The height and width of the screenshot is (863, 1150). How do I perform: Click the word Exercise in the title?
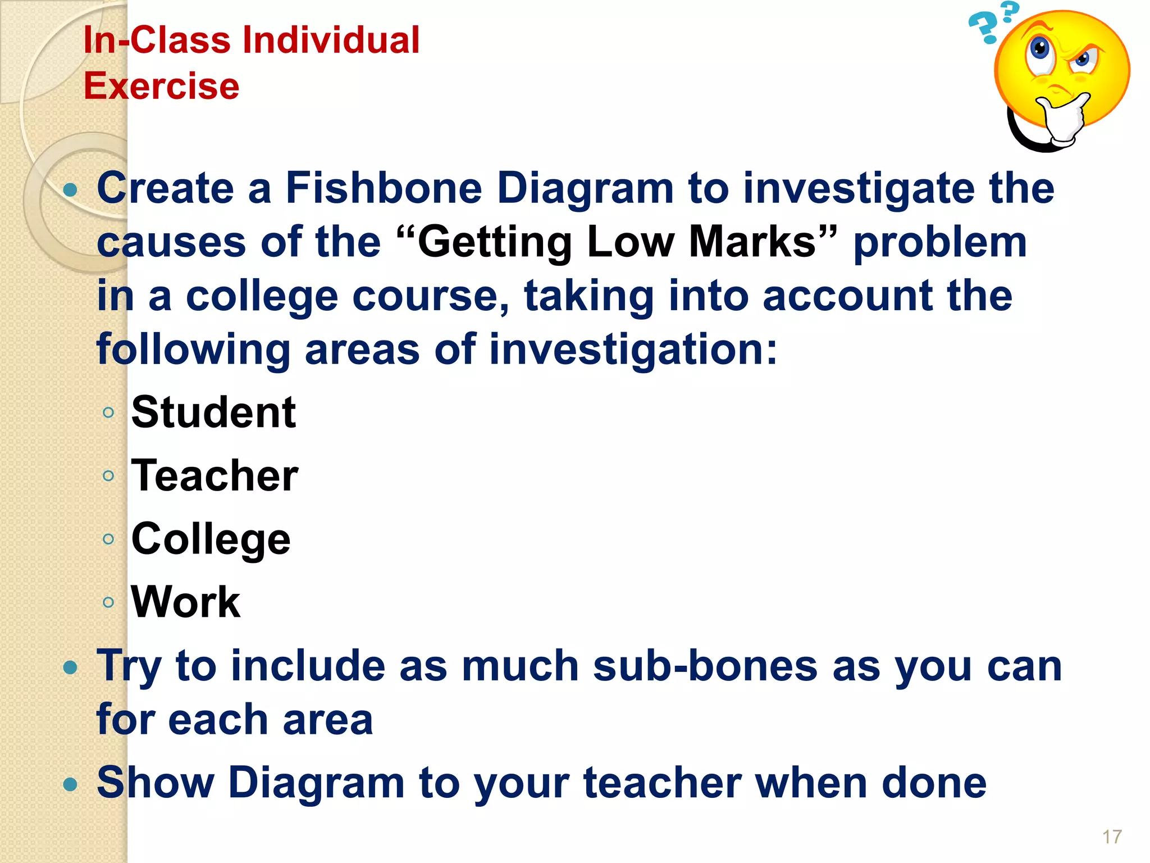(162, 86)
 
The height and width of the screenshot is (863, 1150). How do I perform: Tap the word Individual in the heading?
(331, 40)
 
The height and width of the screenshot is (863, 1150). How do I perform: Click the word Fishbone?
(384, 188)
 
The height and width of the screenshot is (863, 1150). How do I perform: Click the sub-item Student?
(213, 412)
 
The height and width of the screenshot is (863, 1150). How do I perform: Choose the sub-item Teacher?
(215, 476)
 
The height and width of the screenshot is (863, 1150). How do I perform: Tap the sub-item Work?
(185, 602)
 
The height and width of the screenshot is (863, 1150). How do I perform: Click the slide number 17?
(1112, 837)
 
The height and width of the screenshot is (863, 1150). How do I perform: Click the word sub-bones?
(705, 666)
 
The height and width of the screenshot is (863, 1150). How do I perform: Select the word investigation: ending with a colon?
(633, 350)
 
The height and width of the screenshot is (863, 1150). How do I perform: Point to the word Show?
(156, 782)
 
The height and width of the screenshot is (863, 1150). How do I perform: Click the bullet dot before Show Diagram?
(70, 783)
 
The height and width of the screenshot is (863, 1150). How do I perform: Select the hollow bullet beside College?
(108, 539)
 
